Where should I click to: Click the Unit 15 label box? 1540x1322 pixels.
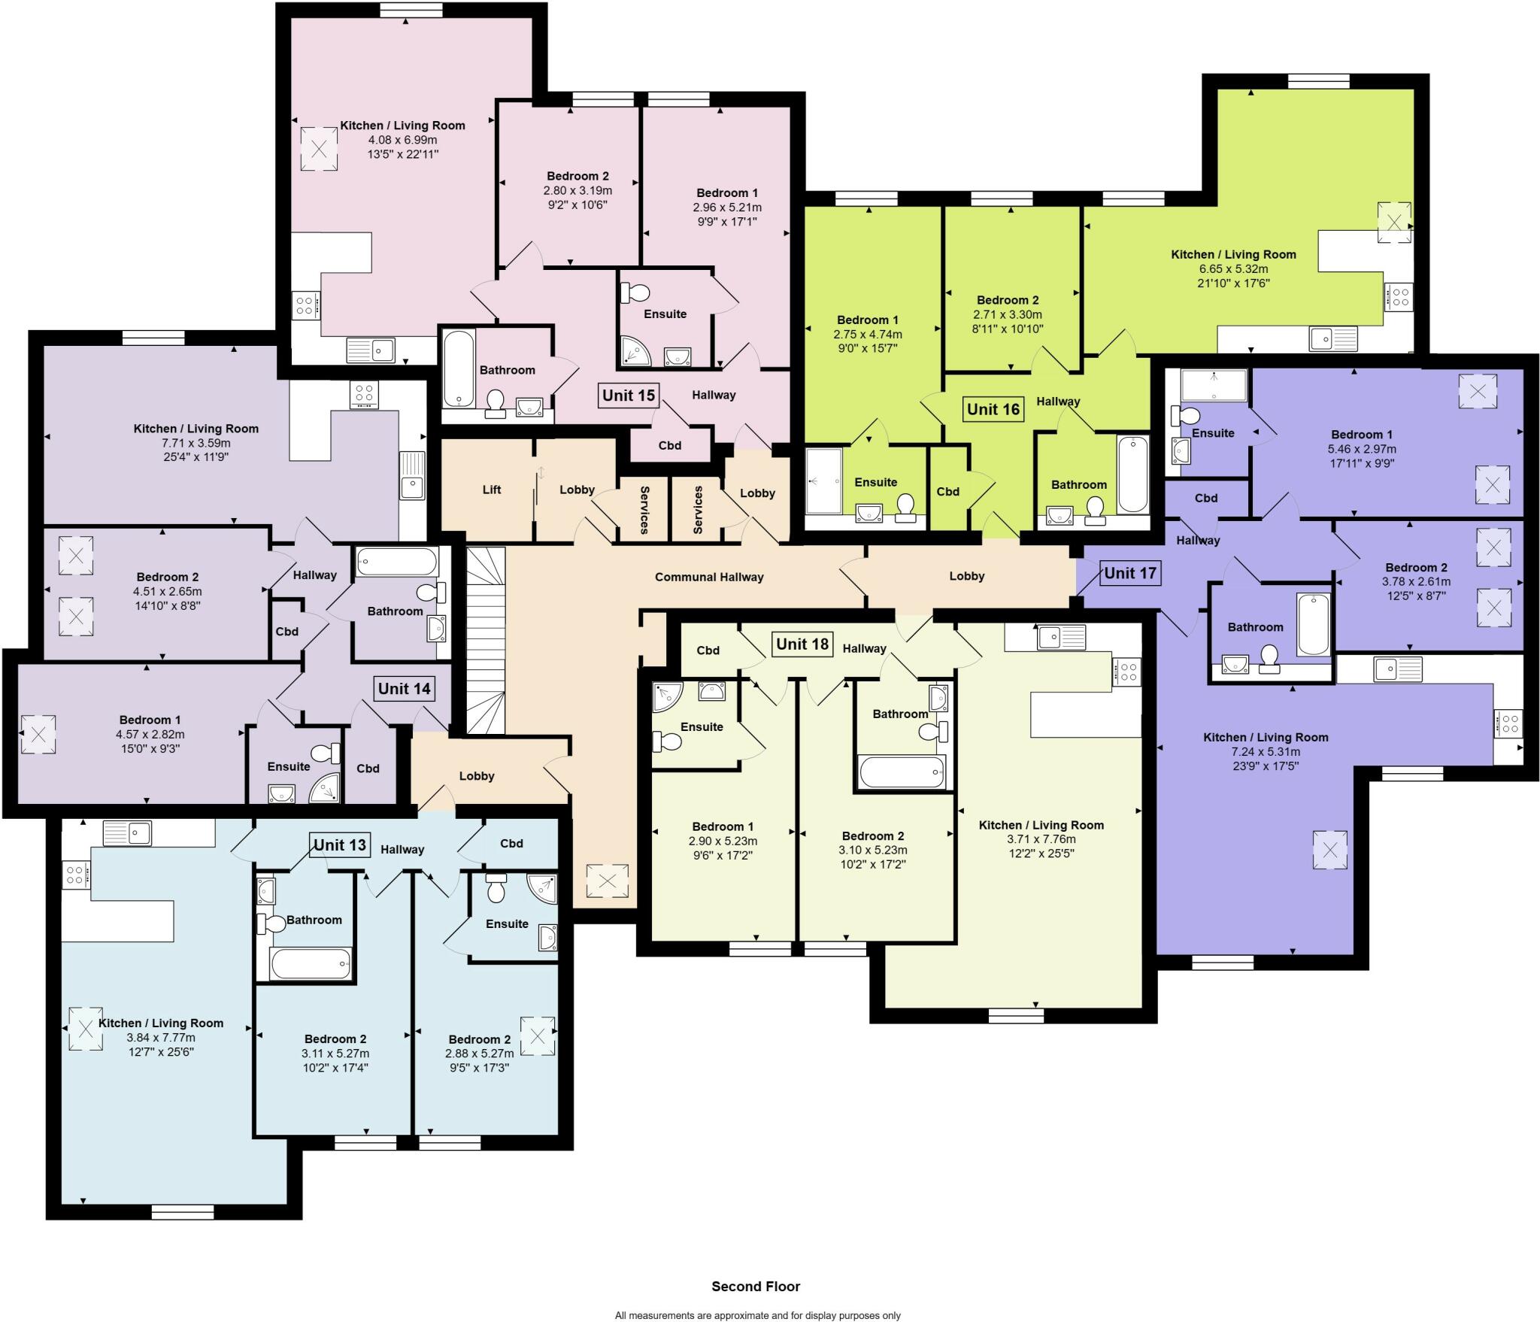(x=629, y=395)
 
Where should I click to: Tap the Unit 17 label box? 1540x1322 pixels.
(x=1129, y=573)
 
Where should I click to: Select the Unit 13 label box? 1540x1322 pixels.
(x=339, y=844)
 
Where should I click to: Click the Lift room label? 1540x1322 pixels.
(x=492, y=490)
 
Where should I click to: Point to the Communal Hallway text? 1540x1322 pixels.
(x=709, y=577)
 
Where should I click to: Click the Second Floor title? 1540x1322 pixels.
(x=756, y=1286)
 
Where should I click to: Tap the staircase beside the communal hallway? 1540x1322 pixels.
(x=486, y=640)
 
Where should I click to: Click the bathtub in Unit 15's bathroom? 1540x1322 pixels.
(x=459, y=368)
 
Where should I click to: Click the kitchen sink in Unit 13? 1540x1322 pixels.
(x=127, y=833)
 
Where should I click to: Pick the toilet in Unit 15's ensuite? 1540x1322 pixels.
(x=637, y=292)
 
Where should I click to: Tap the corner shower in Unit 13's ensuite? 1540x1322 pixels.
(x=542, y=888)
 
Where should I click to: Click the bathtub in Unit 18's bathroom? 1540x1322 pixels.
(x=902, y=772)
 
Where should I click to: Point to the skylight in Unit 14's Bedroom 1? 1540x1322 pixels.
(x=38, y=735)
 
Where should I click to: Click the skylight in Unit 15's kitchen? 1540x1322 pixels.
(x=319, y=148)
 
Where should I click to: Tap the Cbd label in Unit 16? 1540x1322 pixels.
(x=947, y=491)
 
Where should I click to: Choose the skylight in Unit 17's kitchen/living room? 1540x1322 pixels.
(x=1330, y=851)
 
